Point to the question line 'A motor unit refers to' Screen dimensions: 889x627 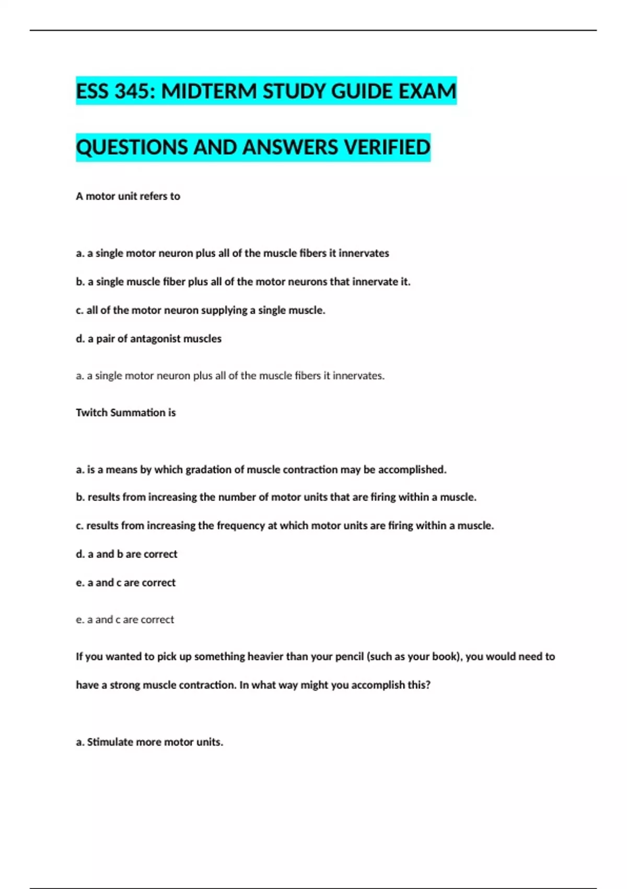click(128, 196)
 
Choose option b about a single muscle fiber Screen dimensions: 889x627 click(243, 282)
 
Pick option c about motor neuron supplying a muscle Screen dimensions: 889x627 click(200, 310)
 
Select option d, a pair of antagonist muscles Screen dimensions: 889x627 click(148, 339)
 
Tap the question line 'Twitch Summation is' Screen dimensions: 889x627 click(125, 413)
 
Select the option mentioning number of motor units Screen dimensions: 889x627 click(276, 497)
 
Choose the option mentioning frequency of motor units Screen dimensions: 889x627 click(285, 526)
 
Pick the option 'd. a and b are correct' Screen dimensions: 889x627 click(126, 554)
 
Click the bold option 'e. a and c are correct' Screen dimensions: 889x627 click(125, 583)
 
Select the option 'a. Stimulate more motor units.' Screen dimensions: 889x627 click(149, 742)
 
